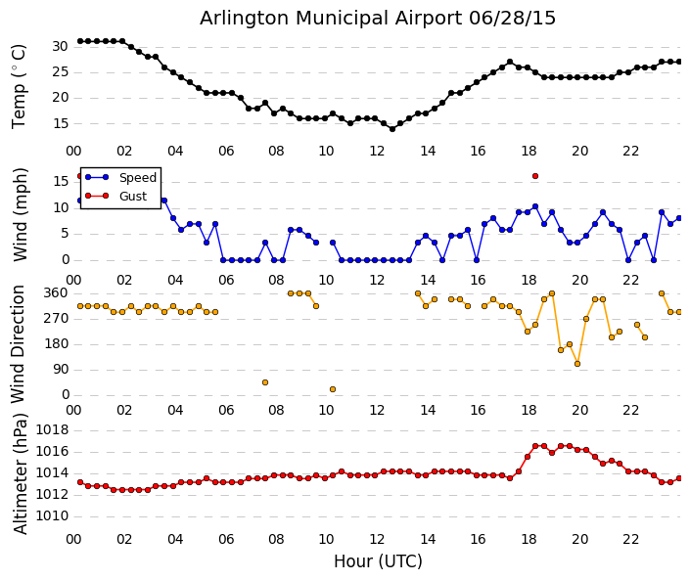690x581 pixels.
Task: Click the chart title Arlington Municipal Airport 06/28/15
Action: point(378,19)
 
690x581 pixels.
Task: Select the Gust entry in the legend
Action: point(132,197)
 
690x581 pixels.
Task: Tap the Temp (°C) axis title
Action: point(20,86)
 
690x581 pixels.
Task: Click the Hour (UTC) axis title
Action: point(378,561)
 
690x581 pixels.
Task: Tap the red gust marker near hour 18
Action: point(535,176)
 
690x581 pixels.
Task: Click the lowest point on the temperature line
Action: point(392,128)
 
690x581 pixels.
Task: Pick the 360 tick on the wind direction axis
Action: point(56,292)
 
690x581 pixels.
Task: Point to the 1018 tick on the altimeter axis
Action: point(51,429)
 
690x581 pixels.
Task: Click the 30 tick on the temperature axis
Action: point(60,46)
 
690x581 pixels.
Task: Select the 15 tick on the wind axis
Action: point(60,181)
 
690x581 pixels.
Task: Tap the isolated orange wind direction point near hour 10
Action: point(333,389)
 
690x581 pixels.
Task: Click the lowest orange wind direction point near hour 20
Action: point(577,364)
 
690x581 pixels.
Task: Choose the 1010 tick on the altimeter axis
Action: point(51,515)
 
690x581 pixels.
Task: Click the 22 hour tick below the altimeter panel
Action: point(631,539)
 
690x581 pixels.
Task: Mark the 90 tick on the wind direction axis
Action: point(60,370)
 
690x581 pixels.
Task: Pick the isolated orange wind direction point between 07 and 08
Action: point(265,382)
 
